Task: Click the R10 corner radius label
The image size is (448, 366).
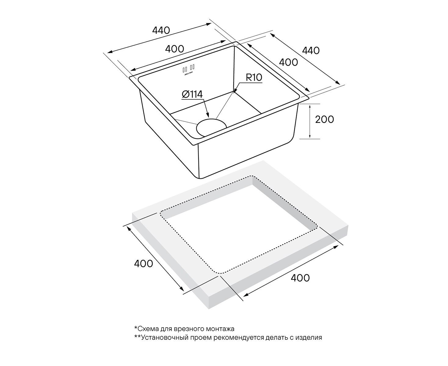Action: (x=254, y=78)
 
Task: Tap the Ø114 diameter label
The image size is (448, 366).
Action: (x=192, y=95)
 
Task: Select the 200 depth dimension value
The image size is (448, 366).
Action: (x=324, y=120)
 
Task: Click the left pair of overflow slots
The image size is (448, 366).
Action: (x=185, y=69)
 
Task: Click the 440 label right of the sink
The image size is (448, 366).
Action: (x=311, y=51)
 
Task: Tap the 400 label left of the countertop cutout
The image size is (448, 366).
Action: (x=144, y=264)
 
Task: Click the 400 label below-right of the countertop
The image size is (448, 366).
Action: (x=300, y=278)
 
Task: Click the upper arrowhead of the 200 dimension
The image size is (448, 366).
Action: (x=310, y=106)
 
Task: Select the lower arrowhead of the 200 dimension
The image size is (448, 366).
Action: (x=310, y=136)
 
